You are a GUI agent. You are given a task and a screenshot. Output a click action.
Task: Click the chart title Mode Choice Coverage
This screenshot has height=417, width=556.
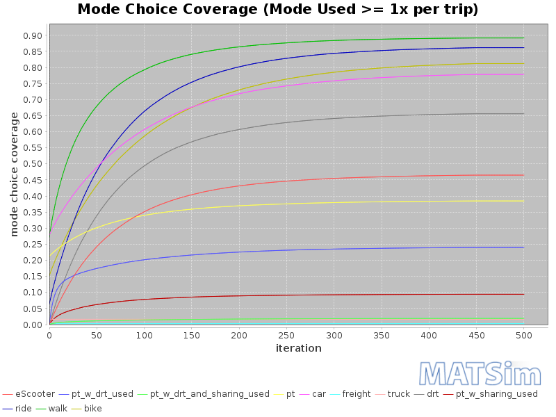(x=277, y=10)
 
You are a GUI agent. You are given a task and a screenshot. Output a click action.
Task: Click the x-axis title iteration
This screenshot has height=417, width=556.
(x=298, y=348)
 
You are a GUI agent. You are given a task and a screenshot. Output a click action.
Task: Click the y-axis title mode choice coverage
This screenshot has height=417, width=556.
(x=14, y=174)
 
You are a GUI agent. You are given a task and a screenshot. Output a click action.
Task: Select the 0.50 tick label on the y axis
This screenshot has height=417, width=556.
(x=32, y=164)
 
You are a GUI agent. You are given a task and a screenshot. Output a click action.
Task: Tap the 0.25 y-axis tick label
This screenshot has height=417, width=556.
(x=32, y=245)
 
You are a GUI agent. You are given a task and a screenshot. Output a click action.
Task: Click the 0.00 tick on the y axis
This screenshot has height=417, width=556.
(x=32, y=325)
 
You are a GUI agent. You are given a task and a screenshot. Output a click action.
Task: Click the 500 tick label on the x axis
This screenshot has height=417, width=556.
(x=523, y=335)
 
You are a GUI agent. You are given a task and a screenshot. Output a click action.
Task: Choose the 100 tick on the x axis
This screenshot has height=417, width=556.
(x=144, y=335)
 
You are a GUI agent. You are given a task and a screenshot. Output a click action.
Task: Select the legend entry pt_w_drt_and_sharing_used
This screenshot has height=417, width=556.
(x=209, y=394)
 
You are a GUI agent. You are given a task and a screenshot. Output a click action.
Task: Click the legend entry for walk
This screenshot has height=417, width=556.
(x=58, y=408)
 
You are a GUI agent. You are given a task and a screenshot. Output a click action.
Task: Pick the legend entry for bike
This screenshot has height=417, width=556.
(x=93, y=408)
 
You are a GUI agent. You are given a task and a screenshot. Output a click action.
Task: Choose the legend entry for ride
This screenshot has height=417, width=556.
(x=24, y=408)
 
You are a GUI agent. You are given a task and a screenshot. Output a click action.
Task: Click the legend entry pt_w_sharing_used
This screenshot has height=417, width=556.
(x=496, y=394)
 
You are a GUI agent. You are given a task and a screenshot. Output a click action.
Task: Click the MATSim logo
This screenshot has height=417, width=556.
(x=480, y=373)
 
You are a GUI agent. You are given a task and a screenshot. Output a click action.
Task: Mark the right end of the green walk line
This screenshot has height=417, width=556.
(x=523, y=38)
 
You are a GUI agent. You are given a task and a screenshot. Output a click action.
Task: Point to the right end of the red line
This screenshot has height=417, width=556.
(x=523, y=175)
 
